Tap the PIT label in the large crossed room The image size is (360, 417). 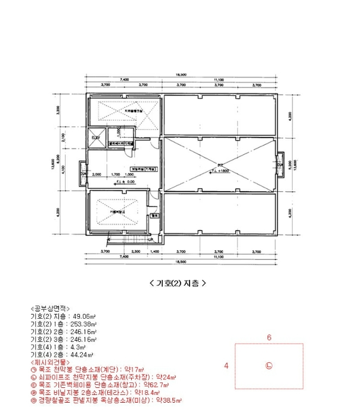[219, 165]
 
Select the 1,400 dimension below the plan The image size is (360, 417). [155, 252]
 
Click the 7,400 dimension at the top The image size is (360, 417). [124, 79]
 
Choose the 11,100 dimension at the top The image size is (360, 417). [218, 79]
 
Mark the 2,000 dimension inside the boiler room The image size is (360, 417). [97, 175]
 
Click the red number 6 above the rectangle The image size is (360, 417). [269, 337]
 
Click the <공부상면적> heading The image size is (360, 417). [50, 309]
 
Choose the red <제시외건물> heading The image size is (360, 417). [50, 362]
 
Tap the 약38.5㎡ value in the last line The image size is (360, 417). [169, 401]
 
